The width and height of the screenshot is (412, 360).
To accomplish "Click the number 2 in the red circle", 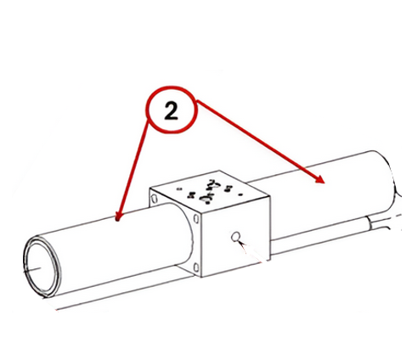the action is coord(171,110).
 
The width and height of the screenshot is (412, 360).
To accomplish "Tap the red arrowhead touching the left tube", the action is coord(119,217).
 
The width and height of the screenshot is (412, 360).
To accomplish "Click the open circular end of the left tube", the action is coord(42,266).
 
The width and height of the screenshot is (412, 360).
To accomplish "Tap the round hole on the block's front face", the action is coord(235,237).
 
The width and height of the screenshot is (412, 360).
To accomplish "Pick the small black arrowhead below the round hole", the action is coord(241,244).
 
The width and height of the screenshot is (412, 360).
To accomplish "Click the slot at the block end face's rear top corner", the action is coord(154,199).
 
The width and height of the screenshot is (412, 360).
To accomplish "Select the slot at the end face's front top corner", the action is coord(196,218).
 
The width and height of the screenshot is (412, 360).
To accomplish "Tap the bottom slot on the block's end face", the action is coord(196,267).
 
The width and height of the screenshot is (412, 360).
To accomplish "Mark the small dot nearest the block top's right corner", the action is coord(241,194).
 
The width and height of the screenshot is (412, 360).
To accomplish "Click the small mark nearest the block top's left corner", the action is coord(178,188).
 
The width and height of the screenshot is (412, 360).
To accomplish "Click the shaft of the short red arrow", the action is coord(133,167).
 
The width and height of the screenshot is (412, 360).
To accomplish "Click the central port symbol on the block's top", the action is coord(209,192).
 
